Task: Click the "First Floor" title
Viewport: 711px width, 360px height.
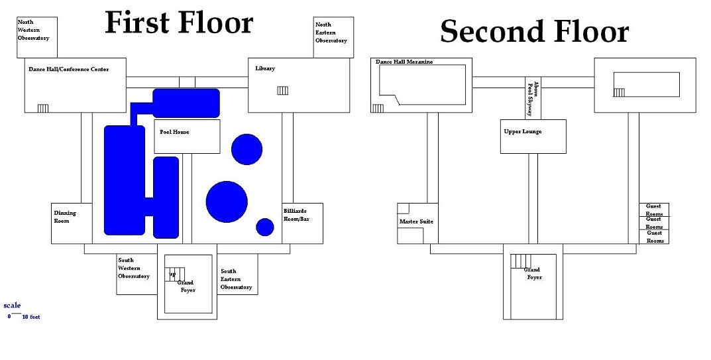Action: click(179, 23)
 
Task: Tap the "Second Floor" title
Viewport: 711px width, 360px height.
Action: click(534, 31)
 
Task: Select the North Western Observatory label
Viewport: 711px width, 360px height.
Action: click(33, 30)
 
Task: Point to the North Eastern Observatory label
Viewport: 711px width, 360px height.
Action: click(331, 32)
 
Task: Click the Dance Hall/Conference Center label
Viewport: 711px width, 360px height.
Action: click(68, 69)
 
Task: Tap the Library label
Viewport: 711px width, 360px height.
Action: click(265, 68)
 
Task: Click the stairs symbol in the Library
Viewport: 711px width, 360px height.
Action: click(282, 91)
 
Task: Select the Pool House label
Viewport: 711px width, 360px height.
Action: click(174, 132)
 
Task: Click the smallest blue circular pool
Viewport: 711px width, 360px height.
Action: click(265, 227)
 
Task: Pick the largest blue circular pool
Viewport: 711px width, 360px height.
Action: click(227, 201)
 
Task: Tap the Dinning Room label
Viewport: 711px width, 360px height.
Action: click(65, 217)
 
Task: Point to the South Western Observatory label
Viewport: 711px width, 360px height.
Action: click(134, 268)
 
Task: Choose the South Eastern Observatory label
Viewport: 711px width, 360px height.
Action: click(236, 279)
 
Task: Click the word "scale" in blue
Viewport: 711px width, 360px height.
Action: click(12, 306)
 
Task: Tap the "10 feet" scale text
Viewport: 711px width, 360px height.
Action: click(31, 317)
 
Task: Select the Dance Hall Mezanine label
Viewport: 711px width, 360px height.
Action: click(404, 62)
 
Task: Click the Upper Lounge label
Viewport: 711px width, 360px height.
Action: click(523, 131)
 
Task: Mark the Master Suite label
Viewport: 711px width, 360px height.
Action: click(416, 221)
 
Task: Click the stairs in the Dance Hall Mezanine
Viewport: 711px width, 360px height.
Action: click(378, 108)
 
